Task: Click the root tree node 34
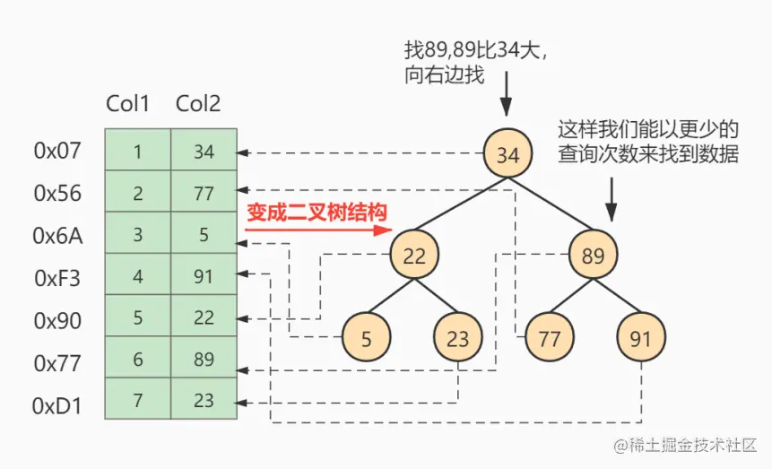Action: [507, 154]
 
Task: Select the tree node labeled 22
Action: [414, 256]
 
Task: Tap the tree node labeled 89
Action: [594, 256]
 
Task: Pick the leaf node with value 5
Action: [366, 338]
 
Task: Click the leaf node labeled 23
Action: [458, 338]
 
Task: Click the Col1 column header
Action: [128, 104]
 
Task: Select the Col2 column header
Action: [198, 104]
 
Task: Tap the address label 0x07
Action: [57, 151]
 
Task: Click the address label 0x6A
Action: [57, 235]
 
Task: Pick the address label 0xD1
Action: [57, 405]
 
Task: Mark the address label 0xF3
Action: [57, 278]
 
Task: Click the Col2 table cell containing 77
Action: [204, 193]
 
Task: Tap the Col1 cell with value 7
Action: [137, 399]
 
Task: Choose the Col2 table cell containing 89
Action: [204, 358]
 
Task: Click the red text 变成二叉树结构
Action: [316, 213]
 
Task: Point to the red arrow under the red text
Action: [318, 229]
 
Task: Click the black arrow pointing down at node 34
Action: [507, 96]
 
